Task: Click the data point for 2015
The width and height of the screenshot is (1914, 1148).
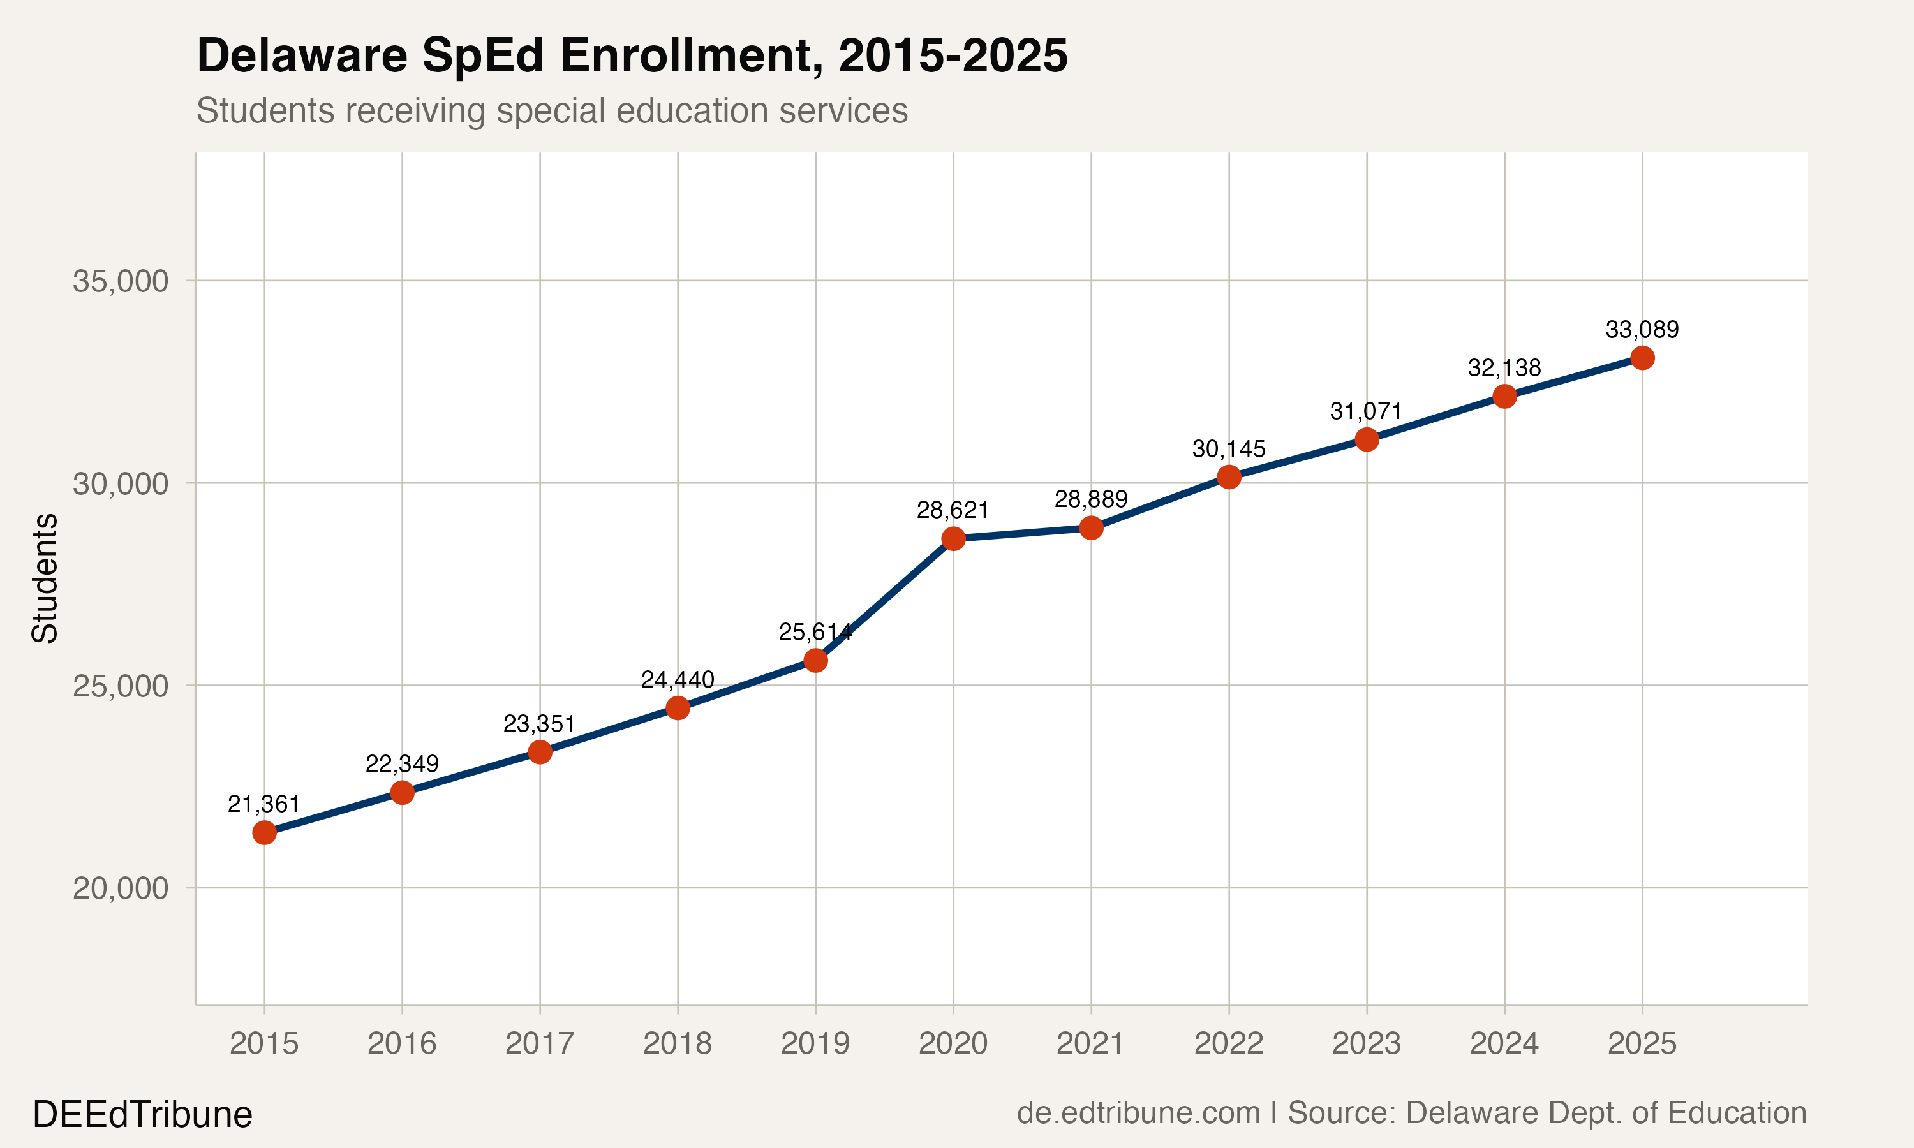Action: tap(265, 832)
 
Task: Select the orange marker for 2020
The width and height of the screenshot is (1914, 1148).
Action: tap(953, 538)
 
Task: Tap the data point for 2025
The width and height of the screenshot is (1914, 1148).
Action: tap(1642, 357)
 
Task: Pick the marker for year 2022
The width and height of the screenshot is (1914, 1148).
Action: tap(1229, 476)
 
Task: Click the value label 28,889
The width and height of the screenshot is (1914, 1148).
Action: tap(1091, 499)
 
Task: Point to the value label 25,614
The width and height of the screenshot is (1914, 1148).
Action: tap(815, 632)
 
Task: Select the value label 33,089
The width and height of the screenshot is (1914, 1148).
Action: tap(1642, 330)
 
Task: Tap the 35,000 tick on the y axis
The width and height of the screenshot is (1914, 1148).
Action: tap(120, 281)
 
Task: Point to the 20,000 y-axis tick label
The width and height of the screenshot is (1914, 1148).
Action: tap(120, 888)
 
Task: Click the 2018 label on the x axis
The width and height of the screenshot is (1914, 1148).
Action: tap(677, 1043)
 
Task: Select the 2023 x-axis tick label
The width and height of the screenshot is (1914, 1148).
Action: tap(1365, 1043)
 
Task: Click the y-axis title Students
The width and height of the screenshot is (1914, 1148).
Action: tap(45, 578)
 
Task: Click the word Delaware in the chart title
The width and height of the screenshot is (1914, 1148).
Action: tap(302, 55)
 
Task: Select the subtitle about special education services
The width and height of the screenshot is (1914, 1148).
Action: tap(552, 110)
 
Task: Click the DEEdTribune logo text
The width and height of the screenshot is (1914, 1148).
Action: tap(142, 1115)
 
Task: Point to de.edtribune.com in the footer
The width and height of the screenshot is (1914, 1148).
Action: tap(1138, 1112)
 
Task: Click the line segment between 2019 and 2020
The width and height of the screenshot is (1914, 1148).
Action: tap(884, 600)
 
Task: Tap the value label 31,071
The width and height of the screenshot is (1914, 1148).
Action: tap(1365, 411)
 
